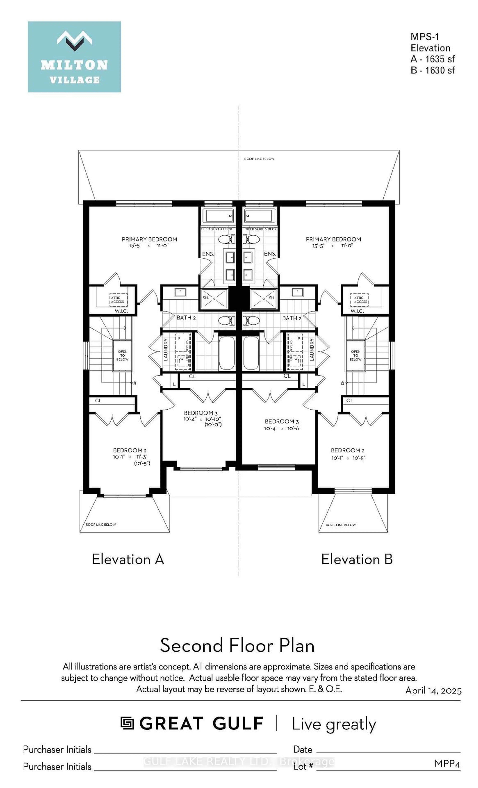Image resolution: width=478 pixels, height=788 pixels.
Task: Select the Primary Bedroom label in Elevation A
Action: coord(149,239)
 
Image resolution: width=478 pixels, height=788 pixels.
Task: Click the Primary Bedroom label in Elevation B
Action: coord(333,239)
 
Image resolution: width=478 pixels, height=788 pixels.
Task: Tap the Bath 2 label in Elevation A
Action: coord(186,318)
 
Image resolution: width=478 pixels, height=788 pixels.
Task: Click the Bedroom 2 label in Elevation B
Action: coord(347,450)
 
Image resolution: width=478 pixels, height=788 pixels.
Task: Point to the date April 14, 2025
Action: coord(433,691)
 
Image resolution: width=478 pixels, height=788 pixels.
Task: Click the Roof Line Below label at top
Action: coord(259,159)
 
